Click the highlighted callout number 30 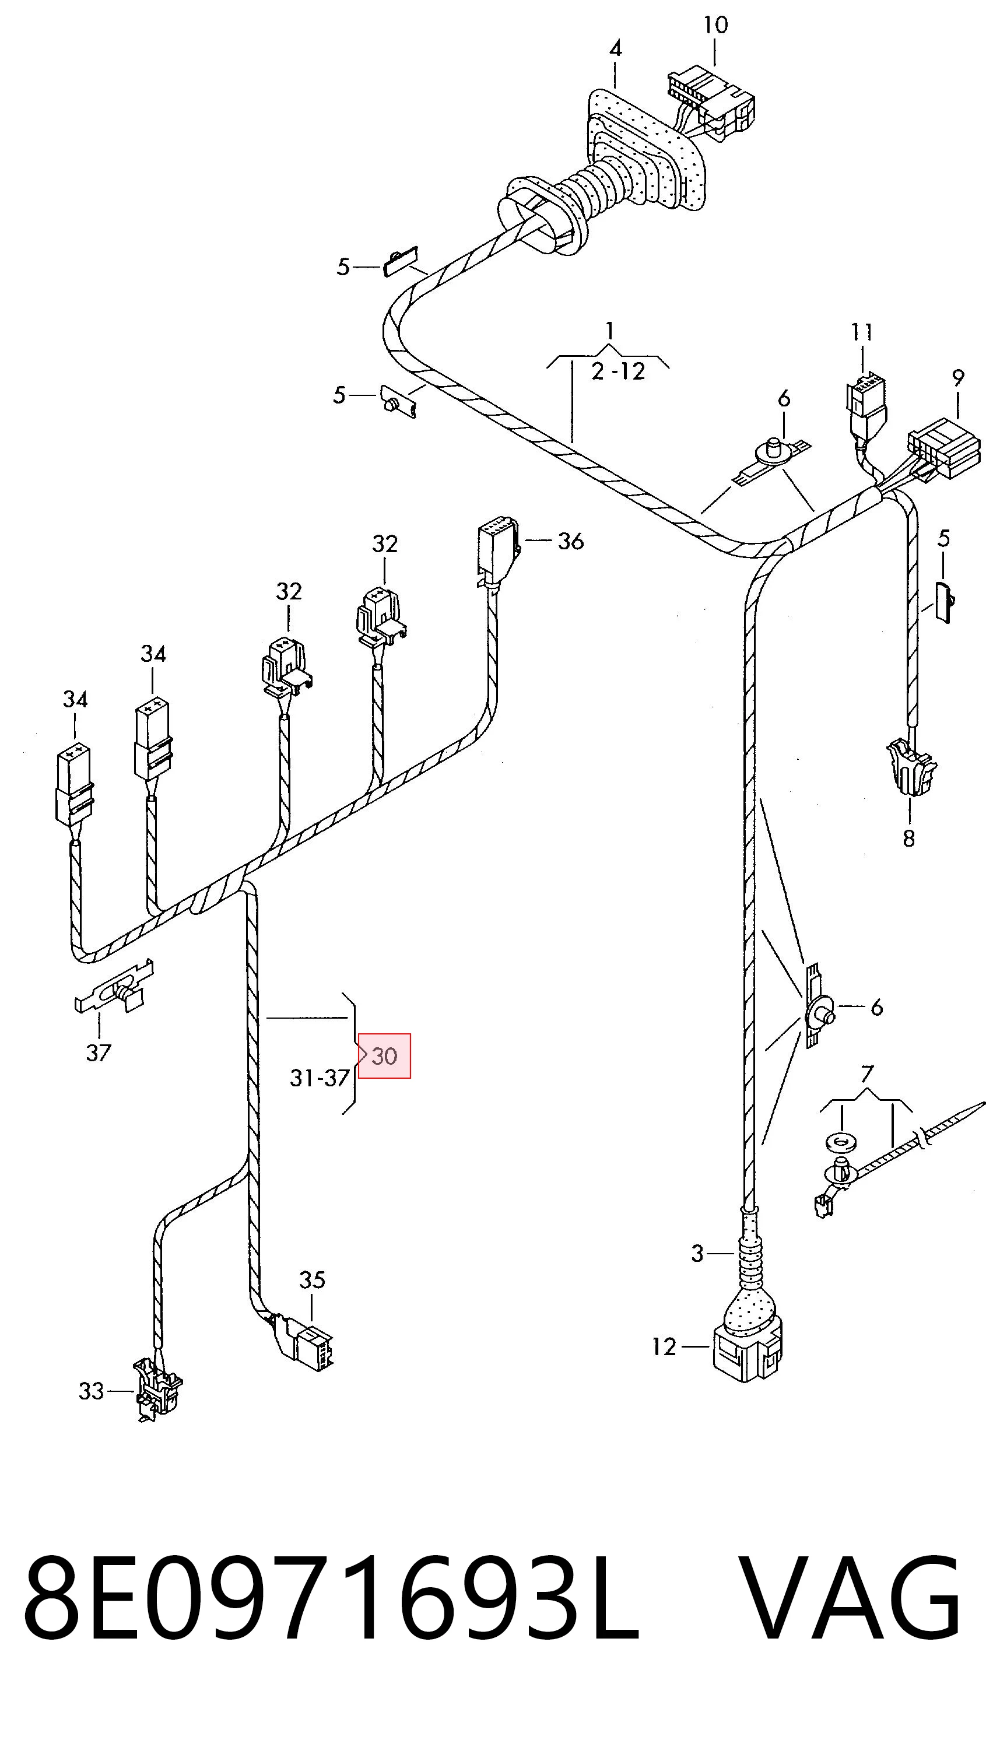pos(384,1055)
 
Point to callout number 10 pos(715,25)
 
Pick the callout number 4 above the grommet pos(615,49)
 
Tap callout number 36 pos(570,541)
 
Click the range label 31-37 pos(319,1078)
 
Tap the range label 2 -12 pos(617,371)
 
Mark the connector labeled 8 pos(911,767)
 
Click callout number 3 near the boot pos(697,1253)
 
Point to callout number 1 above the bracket pos(609,331)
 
